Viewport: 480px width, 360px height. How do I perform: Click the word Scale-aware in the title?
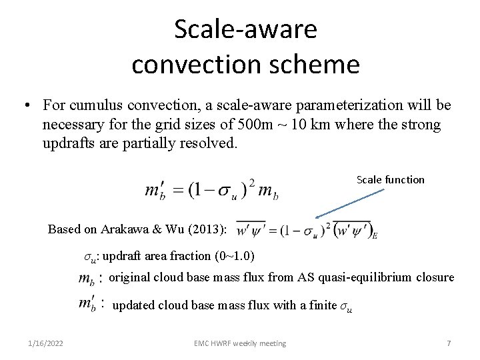tap(245, 29)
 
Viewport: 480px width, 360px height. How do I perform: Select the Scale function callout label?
tap(390, 179)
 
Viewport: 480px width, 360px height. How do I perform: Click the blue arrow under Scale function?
tap(350, 203)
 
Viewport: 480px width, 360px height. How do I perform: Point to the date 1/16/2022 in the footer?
tap(46, 343)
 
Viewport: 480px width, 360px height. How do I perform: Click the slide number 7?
tap(449, 343)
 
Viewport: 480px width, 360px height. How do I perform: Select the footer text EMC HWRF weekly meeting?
tap(240, 343)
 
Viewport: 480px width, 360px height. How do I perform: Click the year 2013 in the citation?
tap(206, 229)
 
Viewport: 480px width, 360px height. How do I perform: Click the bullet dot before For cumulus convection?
tap(25, 106)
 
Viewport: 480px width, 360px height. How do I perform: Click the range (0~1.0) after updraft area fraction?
tap(233, 256)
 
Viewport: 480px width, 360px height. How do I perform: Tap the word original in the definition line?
tap(129, 277)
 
